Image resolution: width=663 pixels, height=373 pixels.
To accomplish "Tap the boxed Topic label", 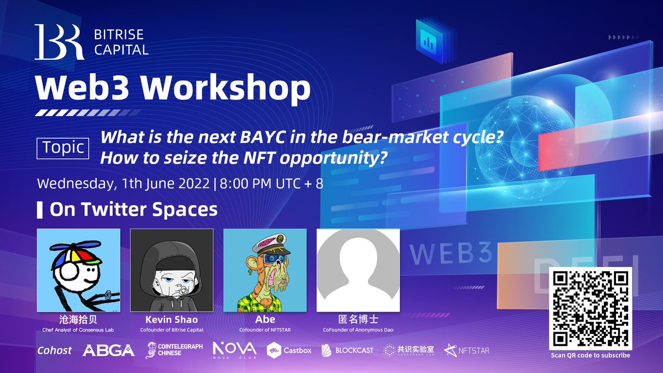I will pyautogui.click(x=63, y=148).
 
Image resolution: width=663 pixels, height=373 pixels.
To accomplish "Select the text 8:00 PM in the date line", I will pyautogui.click(x=247, y=183).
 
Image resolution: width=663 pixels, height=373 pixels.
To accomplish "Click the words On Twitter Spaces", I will pyautogui.click(x=133, y=210).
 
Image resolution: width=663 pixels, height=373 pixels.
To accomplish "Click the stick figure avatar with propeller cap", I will pyautogui.click(x=78, y=270).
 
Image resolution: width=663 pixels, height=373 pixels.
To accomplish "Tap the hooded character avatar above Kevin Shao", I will pyautogui.click(x=171, y=270).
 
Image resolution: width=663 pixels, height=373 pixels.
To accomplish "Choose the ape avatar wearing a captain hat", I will pyautogui.click(x=265, y=270).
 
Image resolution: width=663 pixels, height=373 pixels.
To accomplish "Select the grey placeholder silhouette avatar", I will pyautogui.click(x=358, y=270).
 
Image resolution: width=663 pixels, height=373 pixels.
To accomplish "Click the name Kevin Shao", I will pyautogui.click(x=171, y=320).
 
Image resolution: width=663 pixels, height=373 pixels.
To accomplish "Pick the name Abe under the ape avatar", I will pyautogui.click(x=265, y=320).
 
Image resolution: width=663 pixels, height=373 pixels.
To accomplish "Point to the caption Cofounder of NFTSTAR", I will pyautogui.click(x=265, y=330).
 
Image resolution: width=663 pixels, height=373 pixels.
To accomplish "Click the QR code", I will pyautogui.click(x=590, y=308).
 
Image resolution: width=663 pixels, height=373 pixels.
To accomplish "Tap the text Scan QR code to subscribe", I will pyautogui.click(x=590, y=355).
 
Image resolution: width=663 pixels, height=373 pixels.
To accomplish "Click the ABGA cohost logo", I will pyautogui.click(x=108, y=350).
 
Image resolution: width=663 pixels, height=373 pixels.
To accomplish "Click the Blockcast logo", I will pyautogui.click(x=348, y=350).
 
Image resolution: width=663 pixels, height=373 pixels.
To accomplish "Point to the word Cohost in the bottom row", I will pyautogui.click(x=55, y=350).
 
